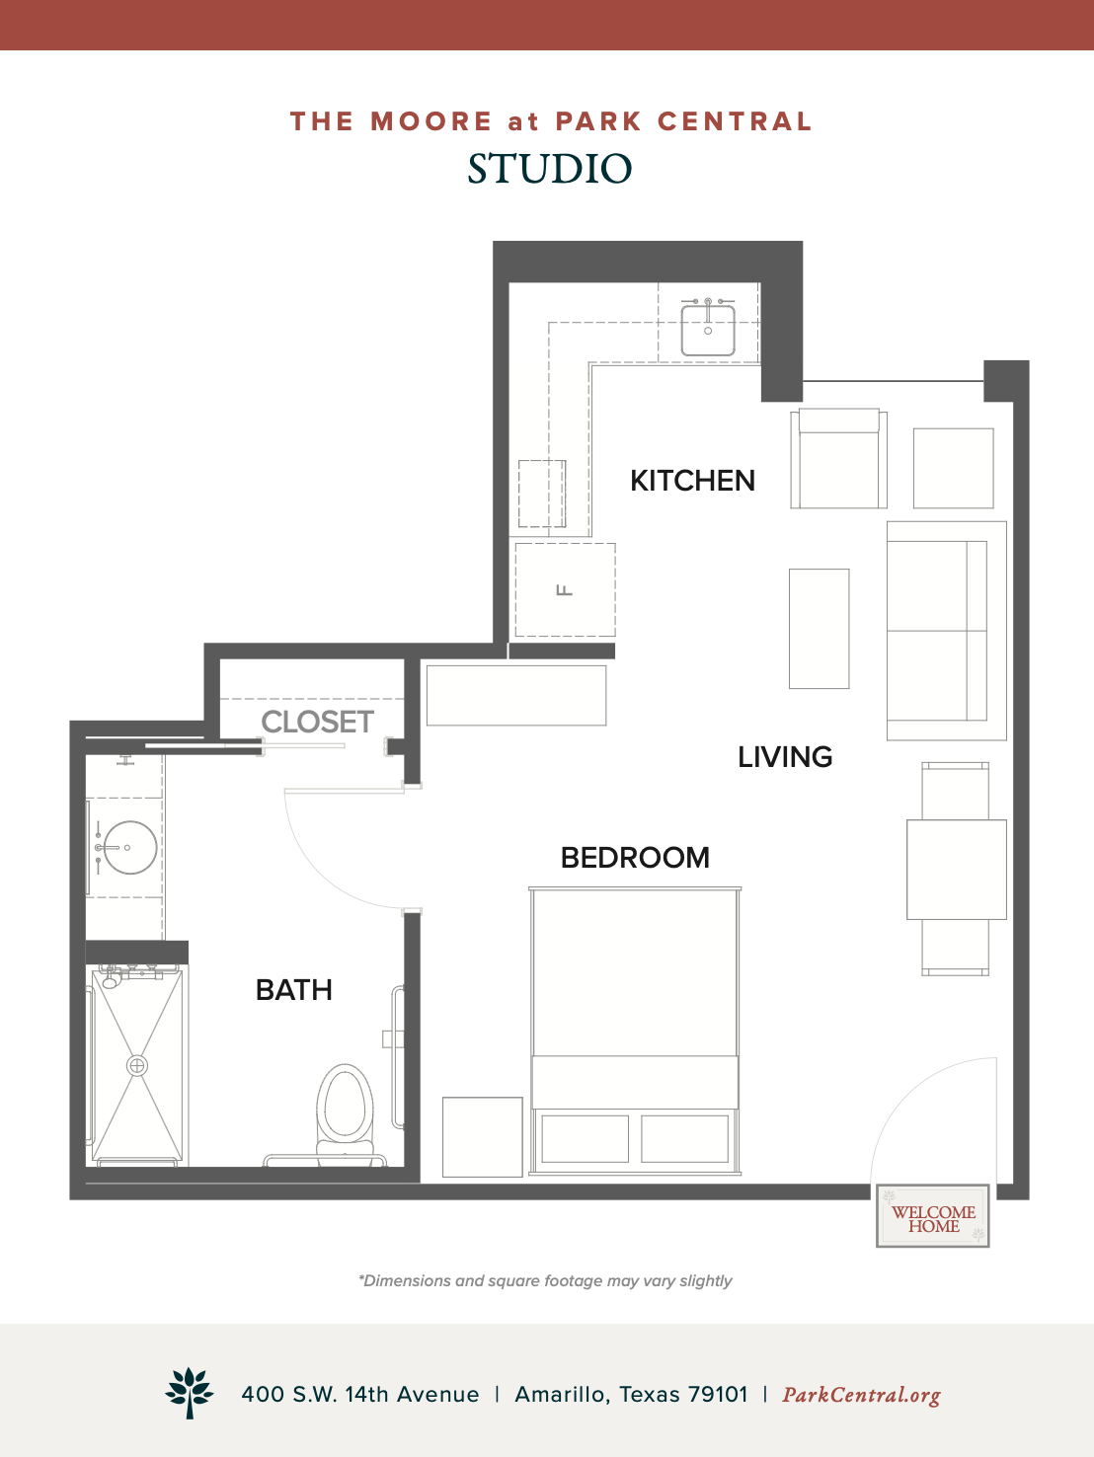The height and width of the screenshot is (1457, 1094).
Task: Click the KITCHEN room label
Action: click(692, 481)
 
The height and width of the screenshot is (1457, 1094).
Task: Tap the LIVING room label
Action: click(785, 757)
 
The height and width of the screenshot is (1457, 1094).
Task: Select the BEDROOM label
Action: click(635, 858)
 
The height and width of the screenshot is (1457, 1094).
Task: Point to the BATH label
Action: click(294, 990)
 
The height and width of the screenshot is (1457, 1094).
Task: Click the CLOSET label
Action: click(317, 722)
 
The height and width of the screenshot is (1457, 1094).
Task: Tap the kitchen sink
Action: click(708, 328)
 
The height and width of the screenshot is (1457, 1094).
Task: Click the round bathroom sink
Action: click(128, 848)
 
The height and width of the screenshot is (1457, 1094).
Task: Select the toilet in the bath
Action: click(345, 1116)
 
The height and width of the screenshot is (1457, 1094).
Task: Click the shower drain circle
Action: click(136, 1066)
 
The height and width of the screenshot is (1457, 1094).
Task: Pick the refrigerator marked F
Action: click(565, 589)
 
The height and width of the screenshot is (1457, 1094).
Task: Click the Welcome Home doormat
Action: click(933, 1215)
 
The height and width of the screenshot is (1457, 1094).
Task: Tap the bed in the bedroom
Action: click(635, 1032)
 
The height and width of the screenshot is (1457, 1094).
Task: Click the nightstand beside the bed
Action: click(483, 1137)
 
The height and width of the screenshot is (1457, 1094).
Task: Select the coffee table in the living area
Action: click(820, 629)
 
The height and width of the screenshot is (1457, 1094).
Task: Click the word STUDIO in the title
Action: click(550, 168)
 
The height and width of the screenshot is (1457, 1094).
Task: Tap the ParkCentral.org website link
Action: click(861, 1395)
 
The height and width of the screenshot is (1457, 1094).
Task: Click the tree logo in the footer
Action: click(190, 1393)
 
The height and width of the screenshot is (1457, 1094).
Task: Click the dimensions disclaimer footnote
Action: click(545, 1280)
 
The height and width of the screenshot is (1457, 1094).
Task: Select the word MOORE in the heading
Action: click(431, 121)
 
